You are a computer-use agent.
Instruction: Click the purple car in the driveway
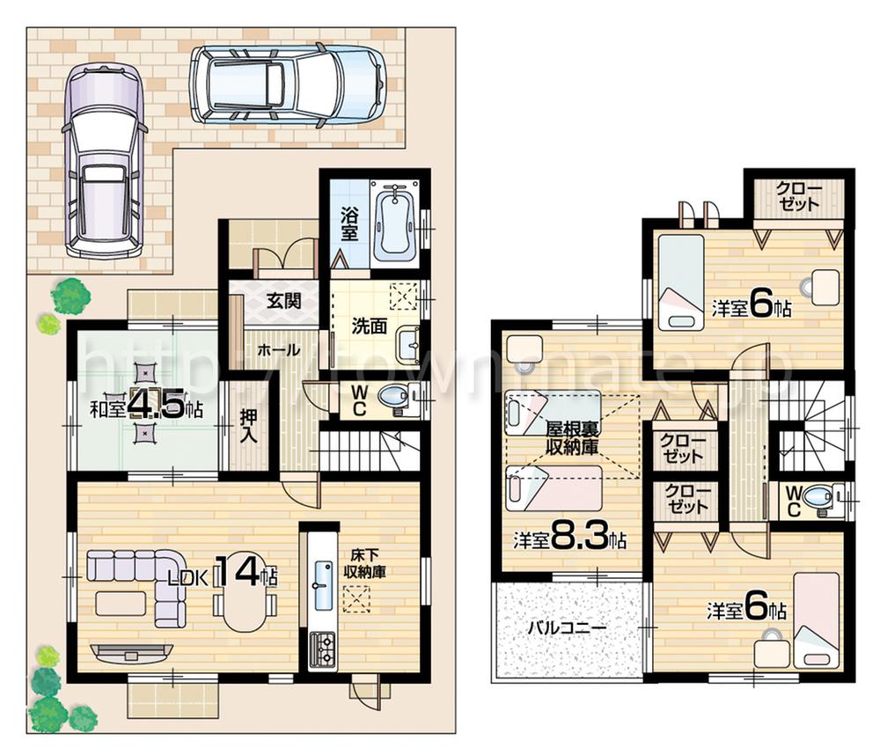(103, 160)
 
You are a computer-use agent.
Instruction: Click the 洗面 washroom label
(369, 326)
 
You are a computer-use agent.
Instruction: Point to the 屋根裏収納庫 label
(571, 437)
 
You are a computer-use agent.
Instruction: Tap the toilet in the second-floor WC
(818, 499)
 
